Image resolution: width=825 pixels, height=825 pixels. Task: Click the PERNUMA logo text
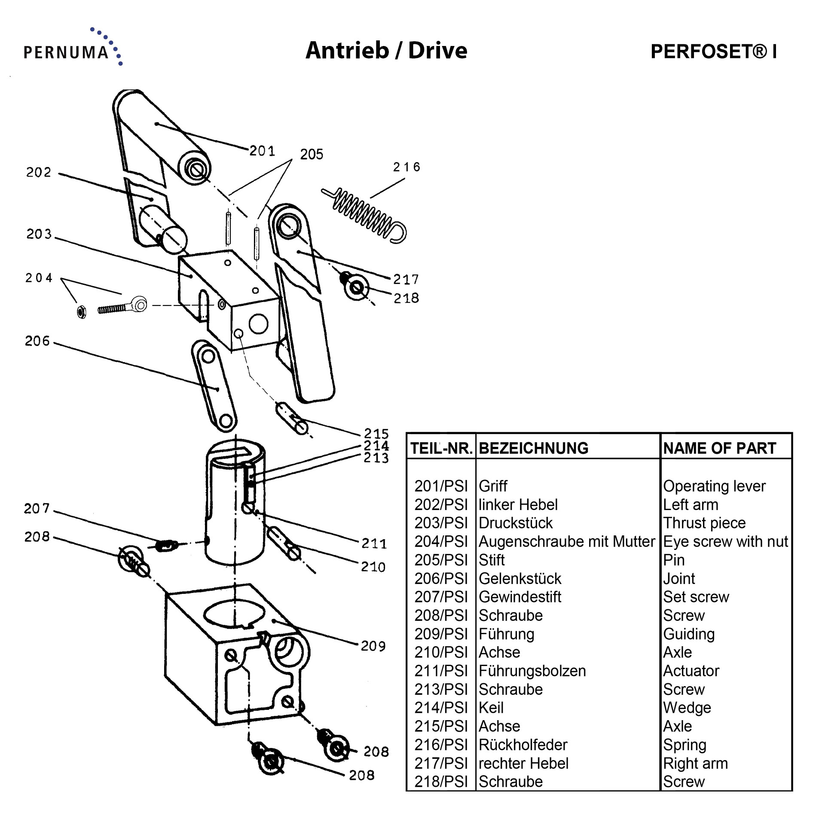click(x=67, y=52)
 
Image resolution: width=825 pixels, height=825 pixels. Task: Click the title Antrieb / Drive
click(x=386, y=51)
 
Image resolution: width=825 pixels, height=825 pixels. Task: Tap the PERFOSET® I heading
click(x=713, y=52)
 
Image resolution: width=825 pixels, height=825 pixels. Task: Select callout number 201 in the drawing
click(x=262, y=151)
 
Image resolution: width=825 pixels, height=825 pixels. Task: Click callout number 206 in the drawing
click(x=37, y=341)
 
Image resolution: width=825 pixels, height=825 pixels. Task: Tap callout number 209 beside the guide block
click(x=373, y=646)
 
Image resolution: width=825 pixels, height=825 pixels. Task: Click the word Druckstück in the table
click(x=516, y=523)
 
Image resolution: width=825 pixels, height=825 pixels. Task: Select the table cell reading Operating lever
click(x=714, y=486)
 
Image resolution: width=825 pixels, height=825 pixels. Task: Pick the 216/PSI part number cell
click(x=441, y=745)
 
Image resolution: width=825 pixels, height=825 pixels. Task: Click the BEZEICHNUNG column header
click(x=533, y=448)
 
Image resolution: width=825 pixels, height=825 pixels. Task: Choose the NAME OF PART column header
click(x=720, y=448)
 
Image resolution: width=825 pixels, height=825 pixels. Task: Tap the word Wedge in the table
click(x=687, y=708)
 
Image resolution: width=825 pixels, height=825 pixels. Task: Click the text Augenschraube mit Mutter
click(x=567, y=541)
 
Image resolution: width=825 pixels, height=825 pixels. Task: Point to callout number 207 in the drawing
click(x=37, y=509)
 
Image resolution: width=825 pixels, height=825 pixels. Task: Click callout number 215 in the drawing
click(x=376, y=433)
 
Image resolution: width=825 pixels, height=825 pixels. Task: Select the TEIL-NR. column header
click(x=441, y=448)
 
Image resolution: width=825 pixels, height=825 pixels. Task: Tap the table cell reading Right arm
click(x=695, y=763)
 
